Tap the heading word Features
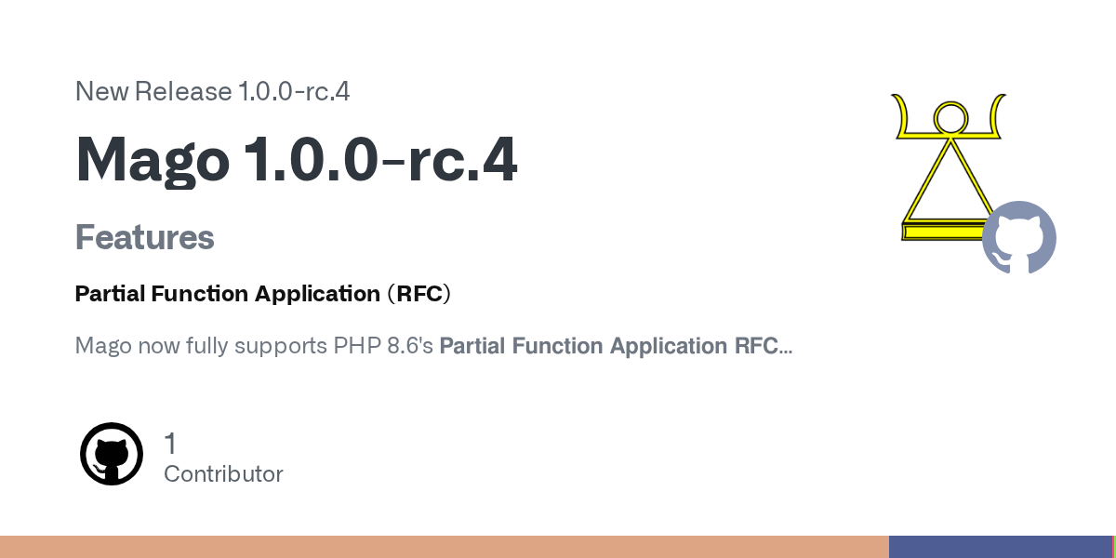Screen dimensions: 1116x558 [x=144, y=237]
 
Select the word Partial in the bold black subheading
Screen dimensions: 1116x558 [x=110, y=294]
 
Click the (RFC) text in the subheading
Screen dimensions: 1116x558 [x=419, y=294]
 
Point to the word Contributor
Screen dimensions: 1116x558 [x=223, y=473]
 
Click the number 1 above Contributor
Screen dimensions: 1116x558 [x=170, y=444]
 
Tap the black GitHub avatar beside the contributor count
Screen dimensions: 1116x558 [x=112, y=454]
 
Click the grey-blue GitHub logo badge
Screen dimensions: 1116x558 [x=1019, y=237]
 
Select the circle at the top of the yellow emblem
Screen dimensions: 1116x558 [x=950, y=119]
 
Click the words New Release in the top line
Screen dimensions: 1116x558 [x=153, y=92]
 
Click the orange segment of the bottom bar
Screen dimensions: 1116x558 [x=445, y=547]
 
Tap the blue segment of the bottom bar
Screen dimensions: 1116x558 [x=1001, y=547]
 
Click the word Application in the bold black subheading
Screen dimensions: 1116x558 [x=317, y=294]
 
